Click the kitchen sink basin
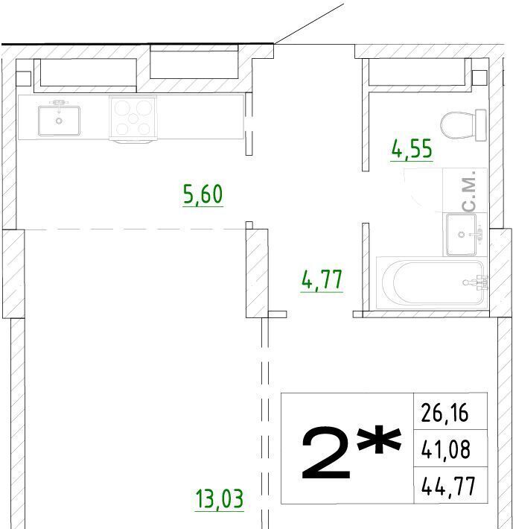click(60, 121)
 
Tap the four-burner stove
click(133, 118)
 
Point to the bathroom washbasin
click(462, 234)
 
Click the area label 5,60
click(203, 194)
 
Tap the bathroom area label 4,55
click(412, 149)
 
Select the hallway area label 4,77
click(322, 279)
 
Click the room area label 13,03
click(220, 499)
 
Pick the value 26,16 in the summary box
click(445, 412)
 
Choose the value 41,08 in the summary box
click(445, 449)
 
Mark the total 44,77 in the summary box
click(448, 486)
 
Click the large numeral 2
click(325, 453)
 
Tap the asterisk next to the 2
click(380, 440)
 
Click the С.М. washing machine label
click(470, 191)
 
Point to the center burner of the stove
click(133, 118)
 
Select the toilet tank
click(481, 125)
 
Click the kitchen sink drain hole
click(60, 121)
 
